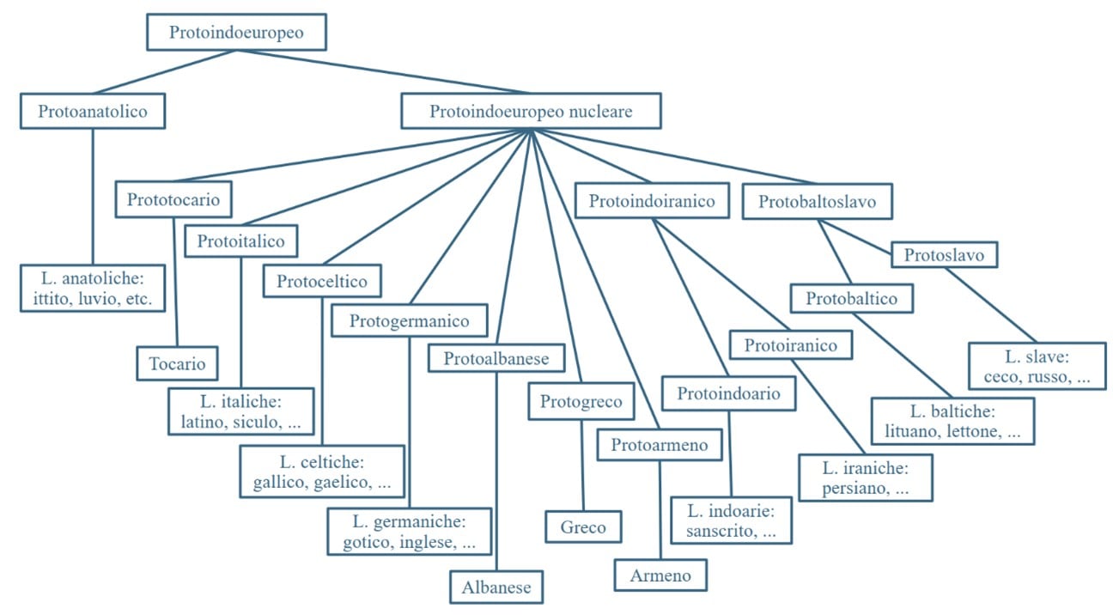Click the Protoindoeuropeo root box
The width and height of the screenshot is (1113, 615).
236,33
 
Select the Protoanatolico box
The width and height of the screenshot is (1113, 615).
93,111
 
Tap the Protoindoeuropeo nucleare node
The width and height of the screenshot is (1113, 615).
531,111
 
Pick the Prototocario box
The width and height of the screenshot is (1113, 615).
173,200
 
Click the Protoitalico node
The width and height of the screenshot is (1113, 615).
240,241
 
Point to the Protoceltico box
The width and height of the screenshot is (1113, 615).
322,281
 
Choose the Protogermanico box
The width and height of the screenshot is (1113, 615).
410,321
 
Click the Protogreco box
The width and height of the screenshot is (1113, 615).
581,401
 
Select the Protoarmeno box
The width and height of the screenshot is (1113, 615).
660,444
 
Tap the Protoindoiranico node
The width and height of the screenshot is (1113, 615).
653,201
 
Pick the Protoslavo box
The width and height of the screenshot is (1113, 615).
943,254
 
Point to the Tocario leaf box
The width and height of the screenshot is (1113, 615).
178,363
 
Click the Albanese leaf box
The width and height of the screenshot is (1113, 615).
496,588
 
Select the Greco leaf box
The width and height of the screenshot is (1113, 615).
583,527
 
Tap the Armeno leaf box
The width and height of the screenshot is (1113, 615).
660,575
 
